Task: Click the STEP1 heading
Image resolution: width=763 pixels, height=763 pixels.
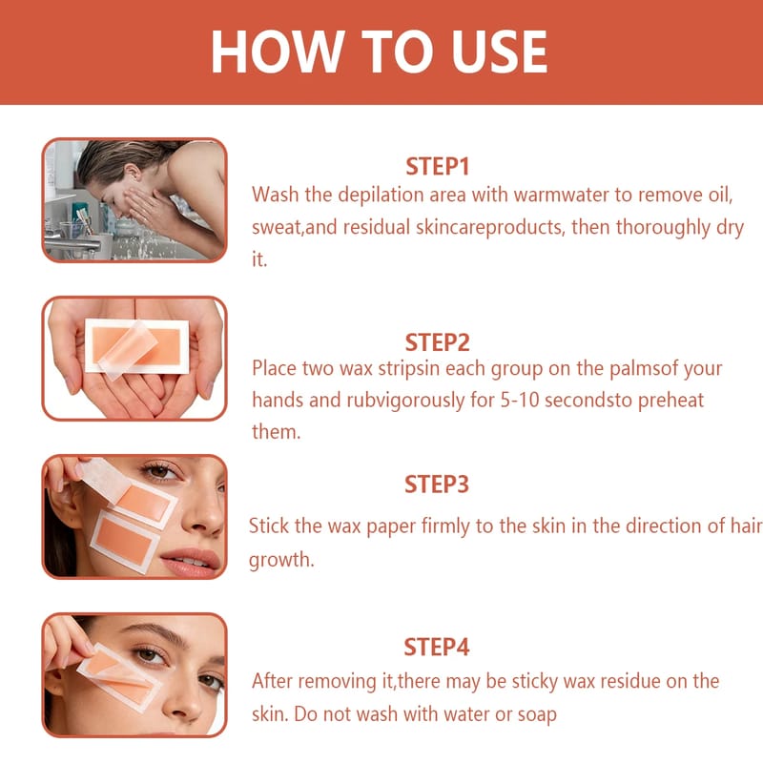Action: pyautogui.click(x=438, y=166)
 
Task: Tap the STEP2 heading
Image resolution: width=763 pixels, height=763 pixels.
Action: pyautogui.click(x=438, y=342)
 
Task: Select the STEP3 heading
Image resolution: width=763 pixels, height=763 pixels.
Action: pyautogui.click(x=437, y=485)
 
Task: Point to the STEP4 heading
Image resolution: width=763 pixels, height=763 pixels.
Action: pyautogui.click(x=437, y=648)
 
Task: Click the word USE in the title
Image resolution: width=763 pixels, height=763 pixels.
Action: pyautogui.click(x=499, y=52)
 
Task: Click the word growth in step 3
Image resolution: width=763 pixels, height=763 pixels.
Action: pyautogui.click(x=281, y=560)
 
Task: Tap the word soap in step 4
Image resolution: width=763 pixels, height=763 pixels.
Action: pyautogui.click(x=537, y=714)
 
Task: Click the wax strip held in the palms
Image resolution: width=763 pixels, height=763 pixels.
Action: pyautogui.click(x=136, y=346)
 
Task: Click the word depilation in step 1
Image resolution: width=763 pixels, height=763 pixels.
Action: pyautogui.click(x=381, y=196)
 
